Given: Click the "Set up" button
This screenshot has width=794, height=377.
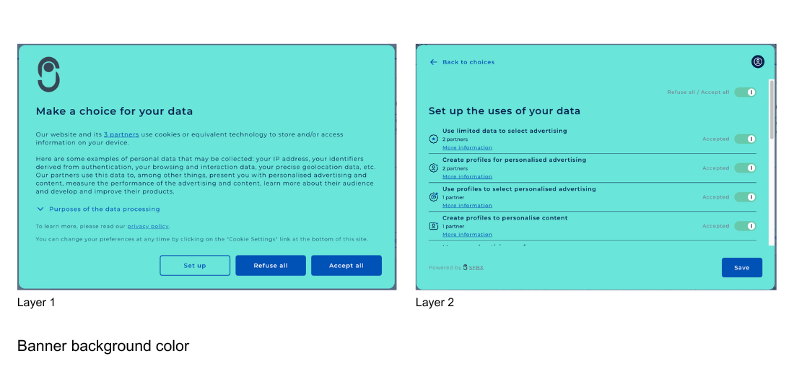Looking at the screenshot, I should click(195, 266).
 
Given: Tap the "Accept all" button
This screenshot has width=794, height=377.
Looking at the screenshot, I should click(346, 266).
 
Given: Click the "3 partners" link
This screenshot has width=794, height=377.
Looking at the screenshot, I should click(121, 134).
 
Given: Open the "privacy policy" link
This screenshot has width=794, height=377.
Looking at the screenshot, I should click(148, 227).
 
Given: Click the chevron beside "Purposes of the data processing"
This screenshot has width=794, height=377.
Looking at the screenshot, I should click(40, 209).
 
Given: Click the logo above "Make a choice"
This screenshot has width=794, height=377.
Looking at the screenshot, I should click(48, 74).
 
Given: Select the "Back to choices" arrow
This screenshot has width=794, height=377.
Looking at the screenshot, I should click(434, 62).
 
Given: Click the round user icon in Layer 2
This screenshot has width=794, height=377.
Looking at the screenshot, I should click(757, 62).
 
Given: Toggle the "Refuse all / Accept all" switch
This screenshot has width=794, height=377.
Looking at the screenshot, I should click(745, 92).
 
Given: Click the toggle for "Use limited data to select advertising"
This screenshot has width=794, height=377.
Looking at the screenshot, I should click(745, 139).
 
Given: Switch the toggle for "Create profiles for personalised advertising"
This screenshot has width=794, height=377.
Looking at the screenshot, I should click(745, 168).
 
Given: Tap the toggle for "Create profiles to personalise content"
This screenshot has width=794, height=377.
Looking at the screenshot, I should click(745, 226).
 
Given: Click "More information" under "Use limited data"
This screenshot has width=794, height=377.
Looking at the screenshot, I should click(467, 148).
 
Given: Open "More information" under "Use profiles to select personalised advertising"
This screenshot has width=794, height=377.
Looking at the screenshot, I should click(467, 206).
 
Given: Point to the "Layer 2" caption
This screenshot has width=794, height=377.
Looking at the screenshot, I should click(435, 303).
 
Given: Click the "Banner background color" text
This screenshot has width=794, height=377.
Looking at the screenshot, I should click(103, 346).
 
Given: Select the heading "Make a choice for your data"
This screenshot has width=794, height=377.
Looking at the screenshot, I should click(114, 111).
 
